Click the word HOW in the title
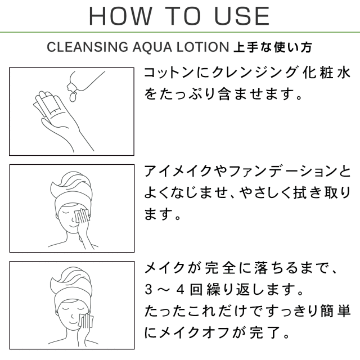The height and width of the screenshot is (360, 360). tap(120, 16)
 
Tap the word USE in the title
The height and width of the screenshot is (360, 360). tap(242, 16)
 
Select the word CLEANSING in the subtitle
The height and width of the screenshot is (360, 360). tap(88, 47)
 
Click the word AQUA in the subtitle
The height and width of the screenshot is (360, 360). tap(152, 47)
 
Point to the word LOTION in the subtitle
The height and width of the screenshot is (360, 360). tap(202, 47)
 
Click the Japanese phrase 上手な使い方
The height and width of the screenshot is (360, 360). tap(273, 47)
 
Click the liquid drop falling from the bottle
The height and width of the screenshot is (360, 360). tap(73, 97)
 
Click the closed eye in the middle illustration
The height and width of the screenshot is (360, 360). tap(66, 213)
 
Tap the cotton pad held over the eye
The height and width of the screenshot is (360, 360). tap(82, 216)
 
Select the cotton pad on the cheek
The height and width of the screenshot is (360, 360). tap(85, 321)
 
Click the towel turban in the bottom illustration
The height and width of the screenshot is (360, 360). tap(71, 285)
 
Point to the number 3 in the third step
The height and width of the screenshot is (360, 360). tap(148, 289)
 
